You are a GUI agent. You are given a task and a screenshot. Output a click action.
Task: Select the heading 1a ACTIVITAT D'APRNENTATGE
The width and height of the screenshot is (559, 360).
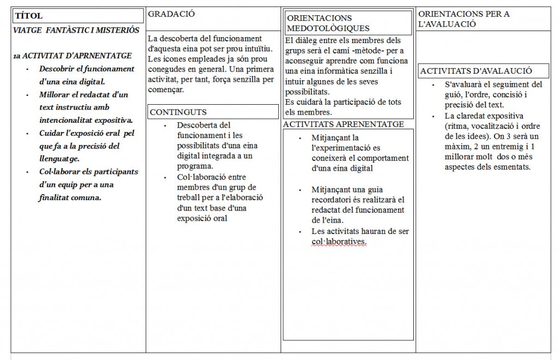(72, 56)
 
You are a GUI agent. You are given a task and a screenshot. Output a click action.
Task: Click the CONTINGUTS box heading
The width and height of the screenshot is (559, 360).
(178, 112)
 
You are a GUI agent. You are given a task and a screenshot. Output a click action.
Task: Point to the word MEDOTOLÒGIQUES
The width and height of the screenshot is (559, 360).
(328, 28)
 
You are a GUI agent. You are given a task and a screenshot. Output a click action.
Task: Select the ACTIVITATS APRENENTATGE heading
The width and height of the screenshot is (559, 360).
(343, 124)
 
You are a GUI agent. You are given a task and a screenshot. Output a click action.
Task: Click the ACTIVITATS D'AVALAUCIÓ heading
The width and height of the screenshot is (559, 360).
(477, 71)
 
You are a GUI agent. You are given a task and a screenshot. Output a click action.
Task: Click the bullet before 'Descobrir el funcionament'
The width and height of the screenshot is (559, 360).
(28, 69)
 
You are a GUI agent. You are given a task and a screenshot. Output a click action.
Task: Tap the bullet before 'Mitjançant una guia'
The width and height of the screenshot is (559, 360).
(299, 189)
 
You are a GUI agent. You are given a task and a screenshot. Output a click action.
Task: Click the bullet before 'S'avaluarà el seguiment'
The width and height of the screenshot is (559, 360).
(433, 85)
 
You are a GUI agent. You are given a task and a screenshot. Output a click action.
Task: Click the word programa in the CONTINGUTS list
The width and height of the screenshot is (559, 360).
(194, 167)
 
